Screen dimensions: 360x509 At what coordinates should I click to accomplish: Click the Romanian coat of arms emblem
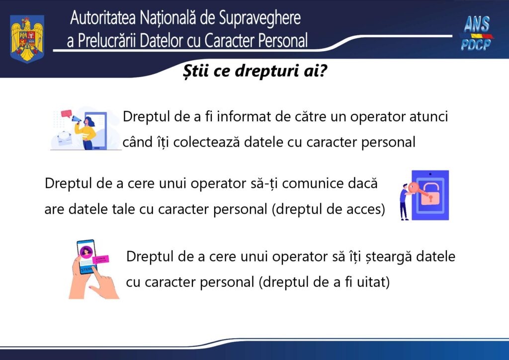tap(27, 38)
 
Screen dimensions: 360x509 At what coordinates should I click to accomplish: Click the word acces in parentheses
tap(365, 209)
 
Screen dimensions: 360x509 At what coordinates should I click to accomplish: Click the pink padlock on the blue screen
tap(429, 197)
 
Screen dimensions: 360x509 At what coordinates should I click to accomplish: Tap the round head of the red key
tap(414, 188)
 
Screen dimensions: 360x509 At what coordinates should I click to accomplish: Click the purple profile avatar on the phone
tap(87, 250)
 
